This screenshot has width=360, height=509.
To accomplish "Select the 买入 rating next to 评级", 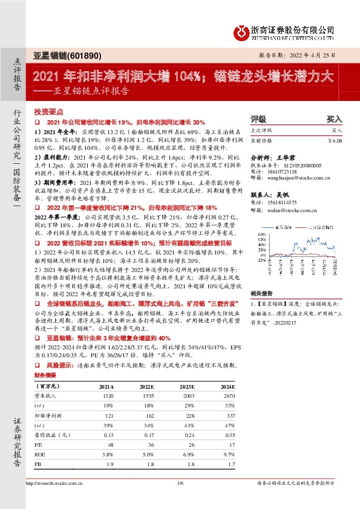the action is (334, 120).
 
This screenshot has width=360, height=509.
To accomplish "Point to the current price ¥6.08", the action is (335, 140).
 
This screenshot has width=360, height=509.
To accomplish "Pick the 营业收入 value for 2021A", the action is (106, 394).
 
